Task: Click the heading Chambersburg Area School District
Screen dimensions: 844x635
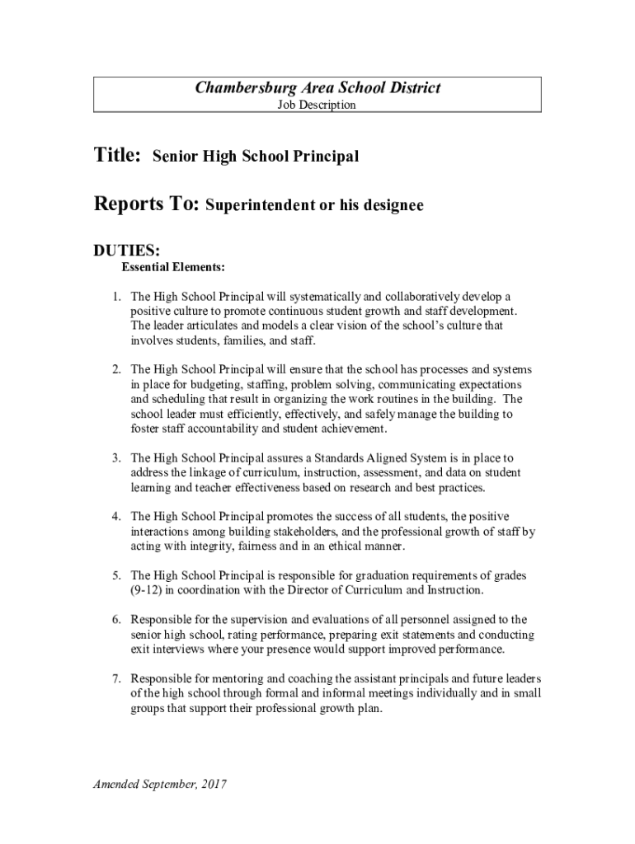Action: (x=317, y=88)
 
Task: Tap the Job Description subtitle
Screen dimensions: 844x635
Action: (x=317, y=105)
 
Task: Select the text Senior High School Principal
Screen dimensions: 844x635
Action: (x=256, y=157)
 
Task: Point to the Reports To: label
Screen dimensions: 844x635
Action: (x=146, y=204)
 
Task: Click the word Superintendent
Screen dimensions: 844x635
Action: (x=259, y=206)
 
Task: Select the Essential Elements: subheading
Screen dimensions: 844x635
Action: (x=173, y=267)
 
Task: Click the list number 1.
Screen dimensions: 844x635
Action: (x=116, y=296)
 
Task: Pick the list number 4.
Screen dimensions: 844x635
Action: (x=116, y=516)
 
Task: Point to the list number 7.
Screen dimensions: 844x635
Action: (x=116, y=678)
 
